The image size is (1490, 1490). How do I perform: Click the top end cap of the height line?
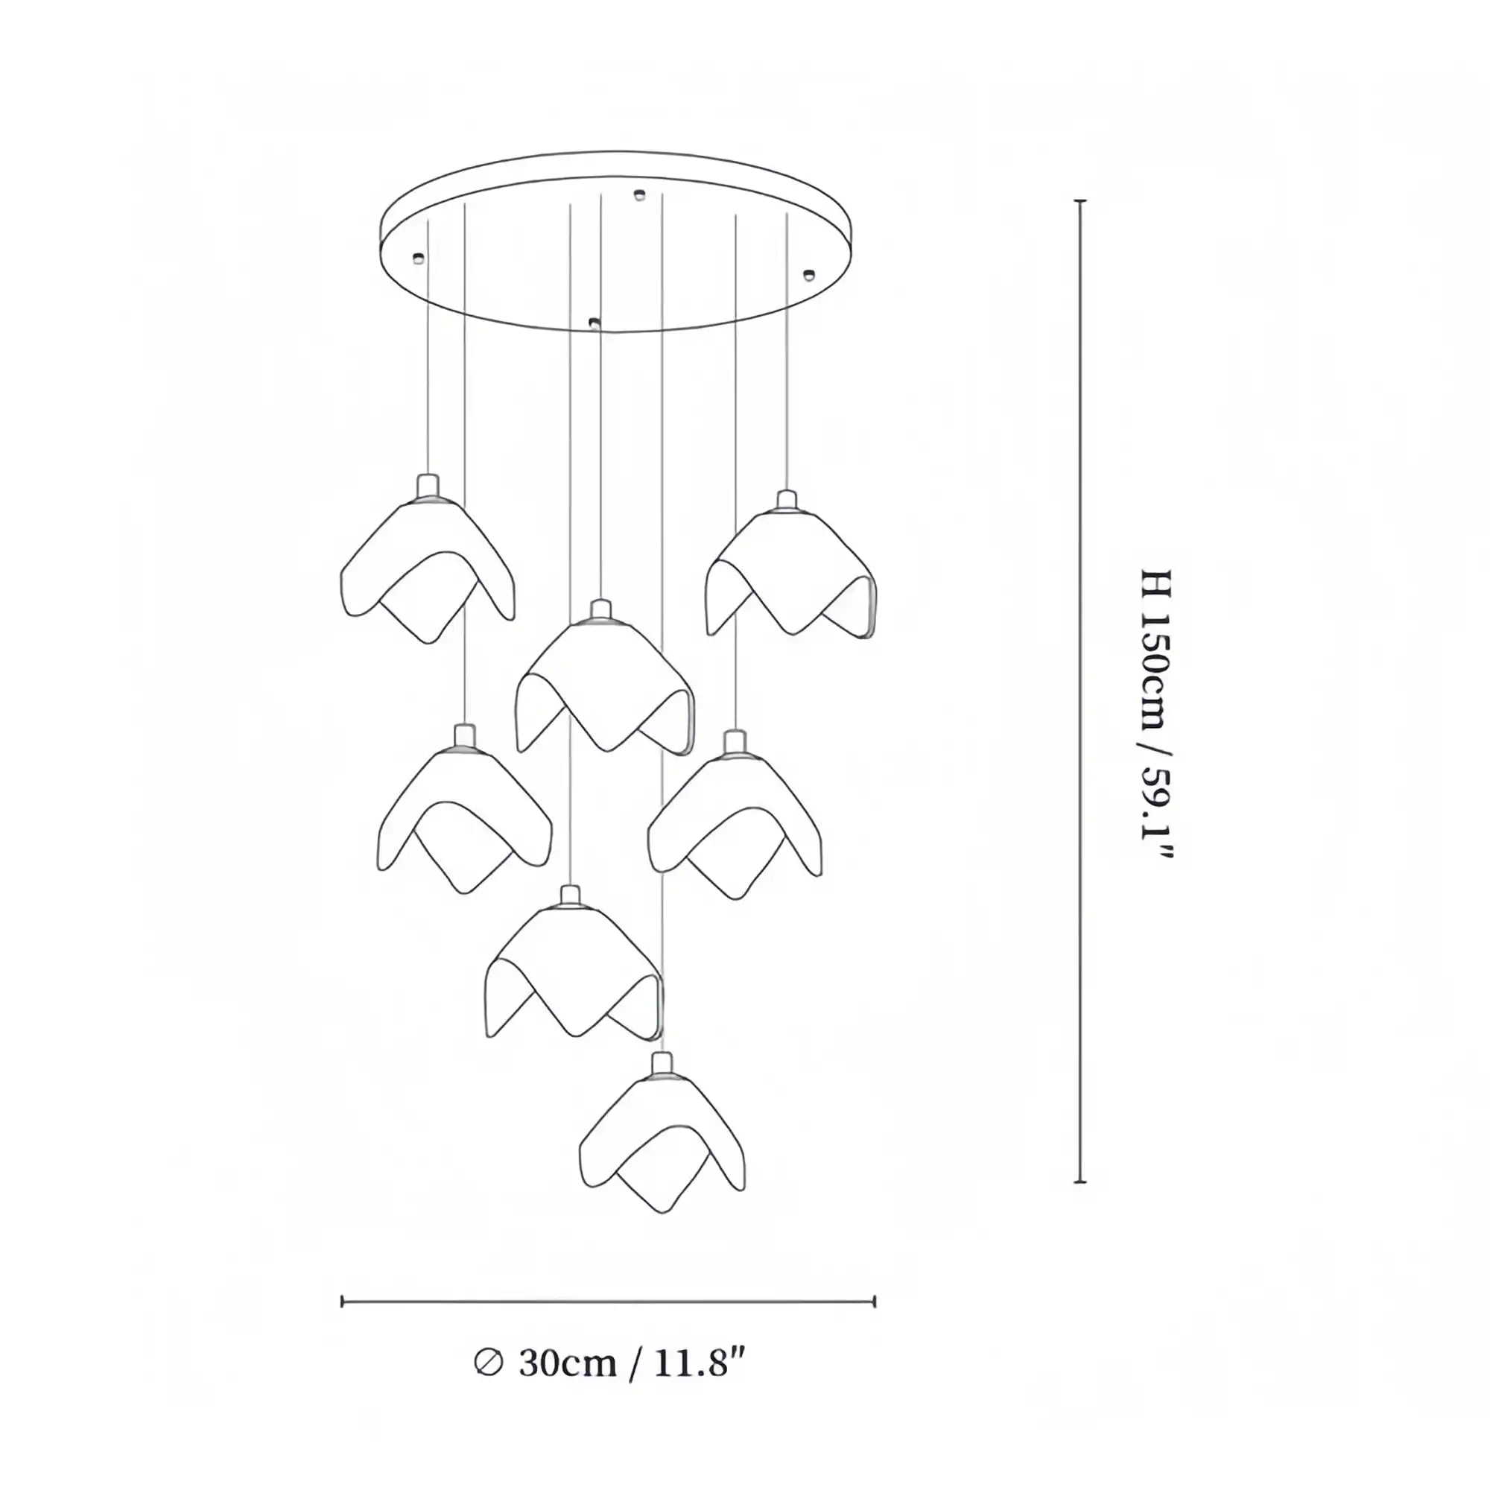point(1080,200)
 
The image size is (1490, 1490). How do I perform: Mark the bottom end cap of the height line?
point(1080,1203)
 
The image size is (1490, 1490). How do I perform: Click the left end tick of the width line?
point(343,1302)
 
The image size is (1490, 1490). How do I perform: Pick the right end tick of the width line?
point(875,1302)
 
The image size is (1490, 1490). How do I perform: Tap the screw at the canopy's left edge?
point(419,258)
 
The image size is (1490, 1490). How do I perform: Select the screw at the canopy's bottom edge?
point(593,323)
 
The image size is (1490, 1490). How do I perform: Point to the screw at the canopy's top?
point(638,194)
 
